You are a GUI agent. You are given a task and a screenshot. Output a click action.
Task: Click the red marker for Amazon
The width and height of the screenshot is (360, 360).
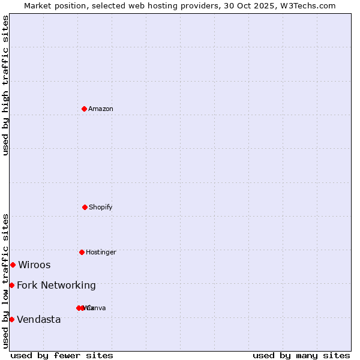(85, 109)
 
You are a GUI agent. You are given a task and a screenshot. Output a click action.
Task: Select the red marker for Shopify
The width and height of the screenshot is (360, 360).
(85, 207)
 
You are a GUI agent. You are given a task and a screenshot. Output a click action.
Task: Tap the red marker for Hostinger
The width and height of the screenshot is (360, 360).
(82, 252)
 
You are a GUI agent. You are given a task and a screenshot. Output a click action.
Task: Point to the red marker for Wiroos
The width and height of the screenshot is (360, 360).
(13, 265)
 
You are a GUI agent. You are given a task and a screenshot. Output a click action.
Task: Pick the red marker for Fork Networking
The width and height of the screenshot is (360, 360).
(11, 285)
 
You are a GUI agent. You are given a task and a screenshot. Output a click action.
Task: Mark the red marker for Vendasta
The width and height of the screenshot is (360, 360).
(11, 319)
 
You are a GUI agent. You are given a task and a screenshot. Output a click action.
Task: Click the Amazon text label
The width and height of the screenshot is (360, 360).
(101, 109)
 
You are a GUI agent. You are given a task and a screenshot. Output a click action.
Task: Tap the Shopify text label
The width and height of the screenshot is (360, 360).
(101, 207)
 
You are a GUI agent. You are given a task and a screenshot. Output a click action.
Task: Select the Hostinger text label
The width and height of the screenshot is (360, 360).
(101, 252)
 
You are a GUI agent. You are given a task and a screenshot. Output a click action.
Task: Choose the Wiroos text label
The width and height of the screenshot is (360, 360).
(34, 265)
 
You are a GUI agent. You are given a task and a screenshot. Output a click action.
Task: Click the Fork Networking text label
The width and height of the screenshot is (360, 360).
(56, 285)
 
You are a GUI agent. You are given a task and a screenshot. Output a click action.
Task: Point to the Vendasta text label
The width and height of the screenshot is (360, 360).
(39, 319)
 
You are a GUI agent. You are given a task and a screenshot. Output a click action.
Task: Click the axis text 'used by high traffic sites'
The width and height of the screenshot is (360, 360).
(5, 85)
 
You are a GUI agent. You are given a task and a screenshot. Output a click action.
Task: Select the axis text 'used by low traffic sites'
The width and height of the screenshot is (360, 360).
(5, 281)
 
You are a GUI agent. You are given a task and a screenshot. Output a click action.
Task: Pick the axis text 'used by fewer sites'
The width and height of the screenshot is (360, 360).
(62, 355)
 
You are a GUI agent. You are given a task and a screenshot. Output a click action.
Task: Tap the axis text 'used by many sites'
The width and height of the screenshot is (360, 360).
(301, 355)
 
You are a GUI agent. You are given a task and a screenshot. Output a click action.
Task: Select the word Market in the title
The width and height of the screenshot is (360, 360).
(39, 5)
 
